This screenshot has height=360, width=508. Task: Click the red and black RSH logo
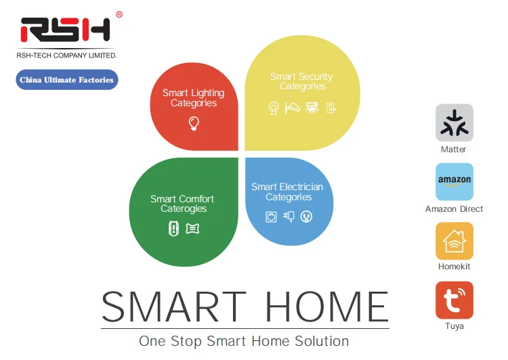click(x=65, y=30)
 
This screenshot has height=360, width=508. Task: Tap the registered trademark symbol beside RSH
click(x=119, y=15)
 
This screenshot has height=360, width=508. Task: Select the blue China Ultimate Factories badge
click(x=67, y=80)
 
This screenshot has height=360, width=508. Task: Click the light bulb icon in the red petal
click(x=194, y=123)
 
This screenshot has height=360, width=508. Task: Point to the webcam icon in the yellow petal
click(x=274, y=108)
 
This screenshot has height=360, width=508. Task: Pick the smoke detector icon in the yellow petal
click(x=312, y=108)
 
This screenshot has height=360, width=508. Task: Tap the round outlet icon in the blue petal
click(x=306, y=217)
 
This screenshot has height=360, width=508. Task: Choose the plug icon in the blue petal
click(x=289, y=216)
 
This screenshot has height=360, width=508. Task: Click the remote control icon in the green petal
click(x=173, y=228)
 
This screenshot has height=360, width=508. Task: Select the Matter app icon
click(x=454, y=122)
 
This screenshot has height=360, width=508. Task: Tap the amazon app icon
click(x=454, y=181)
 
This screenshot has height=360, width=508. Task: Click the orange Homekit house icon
click(x=454, y=241)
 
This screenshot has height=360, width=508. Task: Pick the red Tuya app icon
click(x=454, y=300)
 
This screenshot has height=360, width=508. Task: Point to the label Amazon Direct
click(x=454, y=209)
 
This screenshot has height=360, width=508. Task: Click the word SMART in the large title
click(x=174, y=306)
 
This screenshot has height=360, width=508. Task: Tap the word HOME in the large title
click(x=327, y=306)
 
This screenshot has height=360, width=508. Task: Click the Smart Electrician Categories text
click(x=287, y=192)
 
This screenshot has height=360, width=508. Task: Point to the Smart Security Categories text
click(x=301, y=81)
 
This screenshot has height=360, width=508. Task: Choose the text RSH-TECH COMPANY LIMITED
click(x=66, y=55)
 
